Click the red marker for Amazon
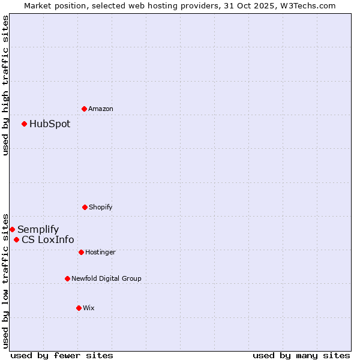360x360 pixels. [84, 109]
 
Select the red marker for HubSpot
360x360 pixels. [24, 124]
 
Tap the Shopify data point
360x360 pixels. [85, 207]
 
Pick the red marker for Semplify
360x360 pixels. [12, 229]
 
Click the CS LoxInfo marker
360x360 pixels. [16, 240]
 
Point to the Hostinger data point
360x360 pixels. [81, 252]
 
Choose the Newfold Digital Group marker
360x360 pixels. [67, 278]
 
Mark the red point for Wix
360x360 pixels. [79, 308]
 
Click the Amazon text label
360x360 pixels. [101, 109]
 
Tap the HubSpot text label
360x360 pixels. [50, 124]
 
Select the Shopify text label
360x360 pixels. [101, 207]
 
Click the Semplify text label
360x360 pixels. [38, 230]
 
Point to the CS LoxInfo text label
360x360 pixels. [48, 240]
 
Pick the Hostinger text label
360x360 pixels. [100, 252]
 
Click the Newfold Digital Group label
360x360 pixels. [106, 278]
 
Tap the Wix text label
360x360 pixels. [89, 308]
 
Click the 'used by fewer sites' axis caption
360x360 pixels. [62, 355]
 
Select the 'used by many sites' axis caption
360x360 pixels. [301, 355]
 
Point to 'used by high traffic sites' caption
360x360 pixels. [5, 85]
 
